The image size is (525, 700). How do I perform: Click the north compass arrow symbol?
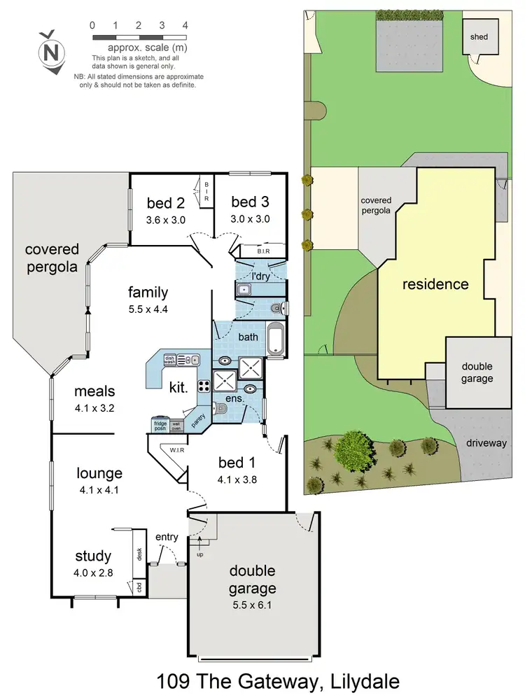tap(50, 51)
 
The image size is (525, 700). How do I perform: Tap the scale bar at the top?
tap(139, 35)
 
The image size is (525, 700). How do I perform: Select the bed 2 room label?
tap(165, 203)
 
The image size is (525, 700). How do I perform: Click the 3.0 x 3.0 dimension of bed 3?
tap(250, 218)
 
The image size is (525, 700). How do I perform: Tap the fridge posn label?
tap(160, 424)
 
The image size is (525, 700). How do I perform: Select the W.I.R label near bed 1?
tap(176, 449)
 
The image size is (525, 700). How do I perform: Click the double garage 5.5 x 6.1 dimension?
tap(250, 606)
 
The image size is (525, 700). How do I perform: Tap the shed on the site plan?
tap(479, 36)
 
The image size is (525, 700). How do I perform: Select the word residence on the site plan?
tap(435, 284)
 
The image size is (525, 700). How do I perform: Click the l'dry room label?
tap(262, 273)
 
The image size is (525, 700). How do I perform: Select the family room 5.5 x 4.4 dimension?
tap(148, 309)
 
